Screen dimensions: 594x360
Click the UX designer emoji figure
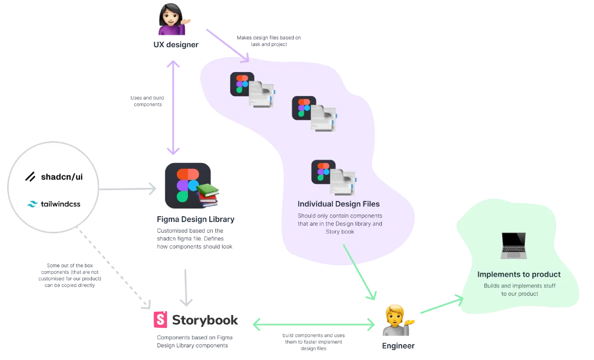174,19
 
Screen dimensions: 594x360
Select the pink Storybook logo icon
160,320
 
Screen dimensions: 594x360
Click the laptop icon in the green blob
514,245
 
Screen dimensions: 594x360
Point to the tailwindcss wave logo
32,204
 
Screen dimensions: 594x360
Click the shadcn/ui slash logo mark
30,177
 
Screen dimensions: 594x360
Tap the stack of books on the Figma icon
208,195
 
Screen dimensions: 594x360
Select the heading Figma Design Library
196,219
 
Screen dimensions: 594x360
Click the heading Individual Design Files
338,204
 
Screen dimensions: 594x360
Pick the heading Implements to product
519,274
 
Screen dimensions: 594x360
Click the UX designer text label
176,45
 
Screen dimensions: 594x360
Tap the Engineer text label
398,346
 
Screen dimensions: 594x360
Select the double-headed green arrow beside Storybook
314,325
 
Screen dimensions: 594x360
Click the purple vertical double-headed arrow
173,107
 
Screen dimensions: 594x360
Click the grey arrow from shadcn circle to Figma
127,189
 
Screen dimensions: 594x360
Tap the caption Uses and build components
147,101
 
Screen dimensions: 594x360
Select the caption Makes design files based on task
269,41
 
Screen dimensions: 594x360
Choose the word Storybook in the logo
205,320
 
